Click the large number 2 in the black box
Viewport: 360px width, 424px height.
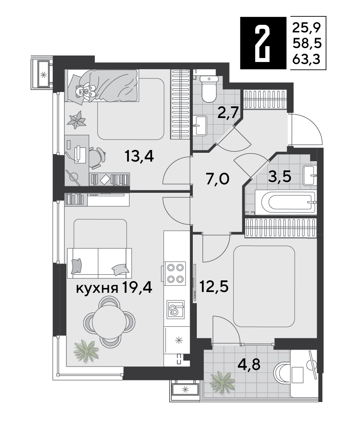coord(263,43)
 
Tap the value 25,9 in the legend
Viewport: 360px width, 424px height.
coord(307,27)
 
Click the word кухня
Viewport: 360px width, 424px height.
coord(97,288)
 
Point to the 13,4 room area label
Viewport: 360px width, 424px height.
coord(139,156)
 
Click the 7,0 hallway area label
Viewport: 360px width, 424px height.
coord(217,179)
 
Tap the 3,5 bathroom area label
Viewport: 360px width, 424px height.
coord(279,177)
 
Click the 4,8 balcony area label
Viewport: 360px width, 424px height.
coord(249,364)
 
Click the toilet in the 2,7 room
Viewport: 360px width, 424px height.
coord(209,88)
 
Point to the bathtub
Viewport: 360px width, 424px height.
coord(285,202)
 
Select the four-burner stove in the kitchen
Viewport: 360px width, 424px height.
coord(175,273)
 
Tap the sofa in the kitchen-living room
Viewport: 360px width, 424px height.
coord(99,262)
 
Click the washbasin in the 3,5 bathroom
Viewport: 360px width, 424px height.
coord(310,175)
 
